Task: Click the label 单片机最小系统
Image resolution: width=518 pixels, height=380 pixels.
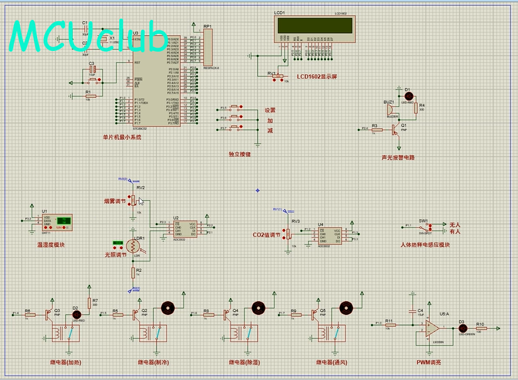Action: click(122, 137)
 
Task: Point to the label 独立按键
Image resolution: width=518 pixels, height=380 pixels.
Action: click(239, 154)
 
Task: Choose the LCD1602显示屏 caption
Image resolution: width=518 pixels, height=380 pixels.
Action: click(317, 77)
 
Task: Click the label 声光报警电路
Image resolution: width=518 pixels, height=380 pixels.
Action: click(397, 158)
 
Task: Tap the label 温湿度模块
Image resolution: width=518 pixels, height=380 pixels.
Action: click(51, 244)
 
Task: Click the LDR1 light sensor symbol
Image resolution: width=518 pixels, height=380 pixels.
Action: click(138, 246)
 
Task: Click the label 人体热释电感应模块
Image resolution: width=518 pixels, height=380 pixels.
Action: click(425, 244)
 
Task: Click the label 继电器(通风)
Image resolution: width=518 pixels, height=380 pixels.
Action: click(331, 362)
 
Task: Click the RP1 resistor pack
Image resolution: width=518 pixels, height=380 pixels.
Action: click(207, 48)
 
